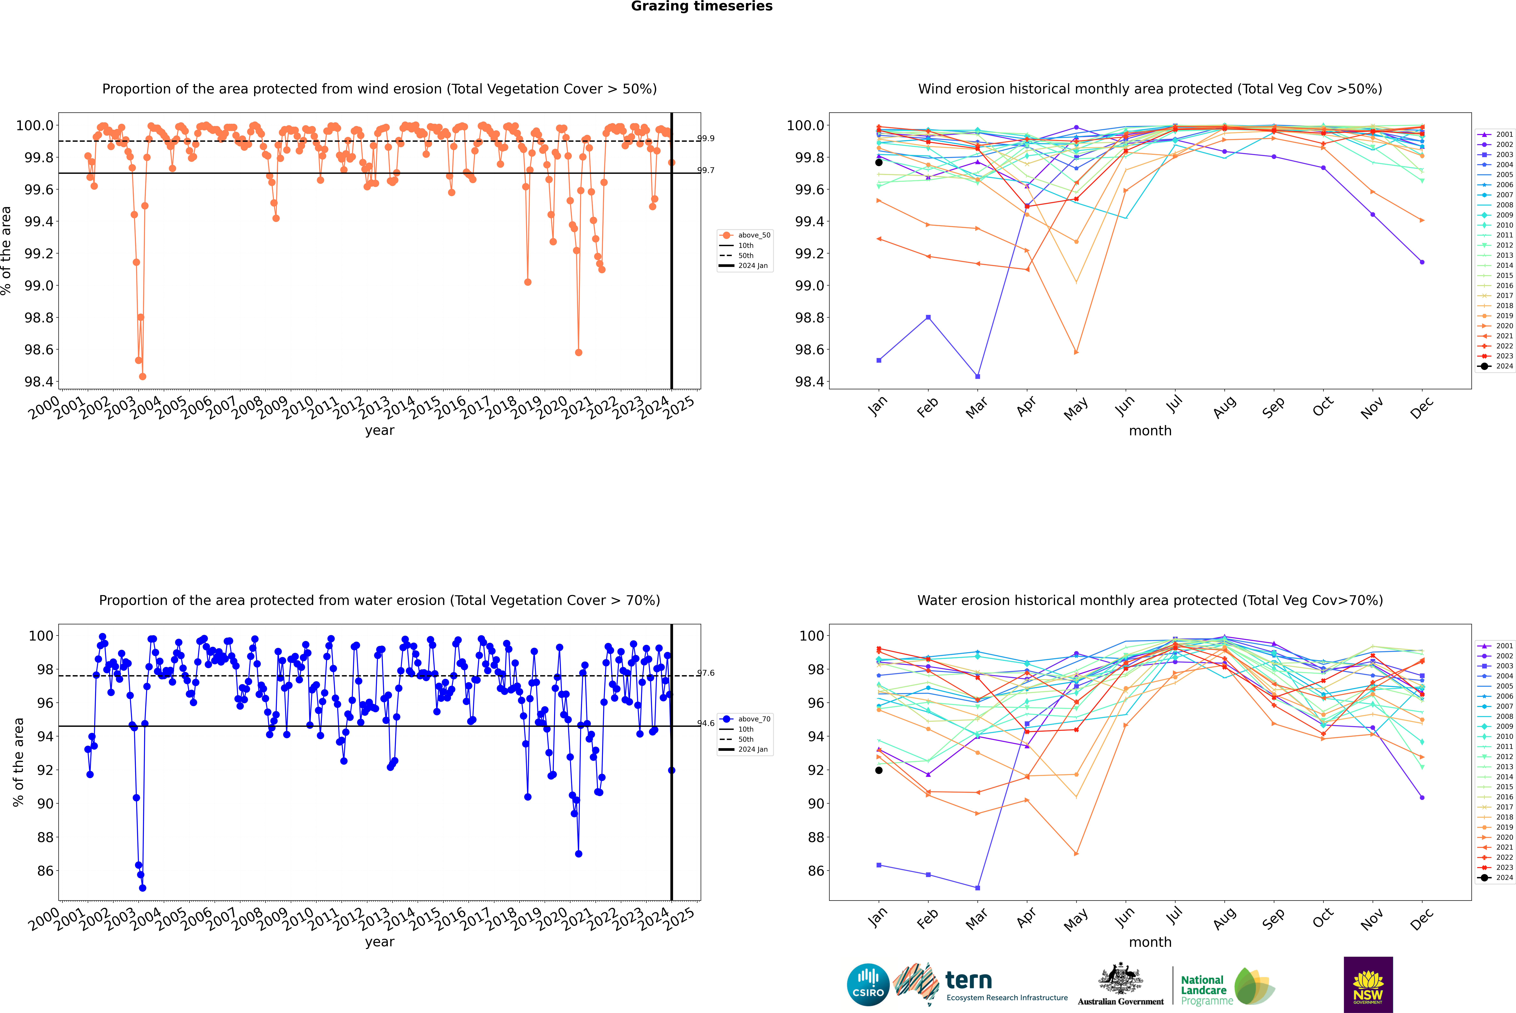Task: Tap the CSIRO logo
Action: click(868, 985)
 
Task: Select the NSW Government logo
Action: click(1368, 985)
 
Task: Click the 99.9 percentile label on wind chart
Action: click(706, 138)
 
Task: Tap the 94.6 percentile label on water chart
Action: click(706, 724)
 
